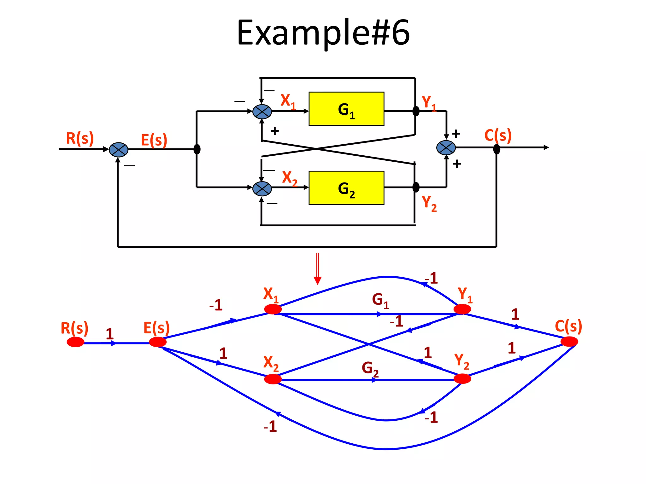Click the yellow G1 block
(346, 109)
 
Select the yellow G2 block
(346, 188)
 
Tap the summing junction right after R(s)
(119, 150)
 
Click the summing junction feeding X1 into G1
(262, 112)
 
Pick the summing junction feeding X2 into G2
(262, 188)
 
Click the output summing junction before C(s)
(446, 147)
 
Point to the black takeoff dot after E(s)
(197, 149)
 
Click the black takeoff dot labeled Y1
(416, 111)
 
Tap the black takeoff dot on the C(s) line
(496, 149)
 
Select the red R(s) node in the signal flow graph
(76, 342)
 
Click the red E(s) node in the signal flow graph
(158, 342)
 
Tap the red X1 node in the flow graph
(273, 309)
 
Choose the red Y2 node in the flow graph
(462, 378)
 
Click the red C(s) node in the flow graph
(569, 342)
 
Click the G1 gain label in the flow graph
(380, 300)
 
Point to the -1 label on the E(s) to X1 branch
(216, 305)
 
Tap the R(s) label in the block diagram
(80, 138)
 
